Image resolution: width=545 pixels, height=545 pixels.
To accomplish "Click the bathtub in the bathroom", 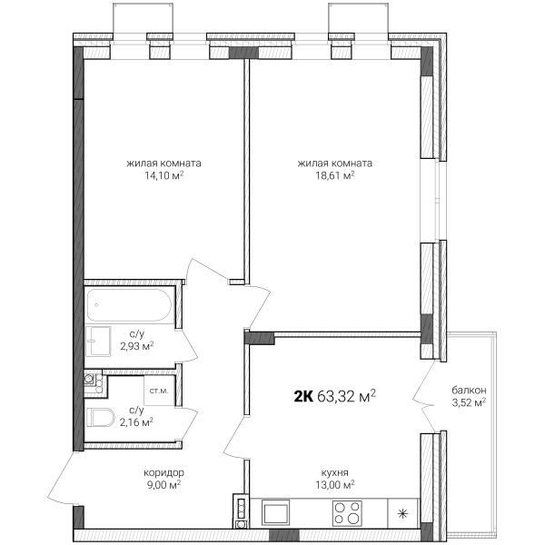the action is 129,305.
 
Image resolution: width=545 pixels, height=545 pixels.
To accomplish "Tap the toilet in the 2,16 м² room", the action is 100,417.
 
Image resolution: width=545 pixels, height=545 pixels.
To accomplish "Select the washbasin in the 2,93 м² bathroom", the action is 98,341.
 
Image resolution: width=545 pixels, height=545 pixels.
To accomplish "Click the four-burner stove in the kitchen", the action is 347,513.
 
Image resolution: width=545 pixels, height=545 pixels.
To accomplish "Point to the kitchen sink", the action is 275,512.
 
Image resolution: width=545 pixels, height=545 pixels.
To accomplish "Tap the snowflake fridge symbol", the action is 402,513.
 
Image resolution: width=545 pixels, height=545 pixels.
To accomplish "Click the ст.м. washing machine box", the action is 159,391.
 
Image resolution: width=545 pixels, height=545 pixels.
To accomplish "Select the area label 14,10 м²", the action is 164,175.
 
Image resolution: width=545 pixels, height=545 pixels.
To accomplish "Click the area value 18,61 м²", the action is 335,175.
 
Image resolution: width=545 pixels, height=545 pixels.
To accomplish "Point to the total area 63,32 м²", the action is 347,396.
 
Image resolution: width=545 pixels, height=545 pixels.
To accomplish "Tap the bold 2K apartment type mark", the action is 303,396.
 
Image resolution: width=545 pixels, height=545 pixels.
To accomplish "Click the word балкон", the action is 469,390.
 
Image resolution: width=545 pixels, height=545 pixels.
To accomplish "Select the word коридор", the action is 164,472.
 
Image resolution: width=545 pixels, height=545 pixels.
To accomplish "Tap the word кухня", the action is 334,472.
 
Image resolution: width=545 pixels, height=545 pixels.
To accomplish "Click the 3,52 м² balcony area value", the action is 469,402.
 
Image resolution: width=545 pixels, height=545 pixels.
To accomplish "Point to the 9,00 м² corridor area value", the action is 164,484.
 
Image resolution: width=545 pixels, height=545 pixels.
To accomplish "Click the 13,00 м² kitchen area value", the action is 335,484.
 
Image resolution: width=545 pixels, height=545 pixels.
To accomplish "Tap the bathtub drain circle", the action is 96,305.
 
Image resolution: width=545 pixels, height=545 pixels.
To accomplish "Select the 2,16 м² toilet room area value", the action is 136,422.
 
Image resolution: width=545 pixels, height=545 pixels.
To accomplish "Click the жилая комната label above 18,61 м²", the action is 334,163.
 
